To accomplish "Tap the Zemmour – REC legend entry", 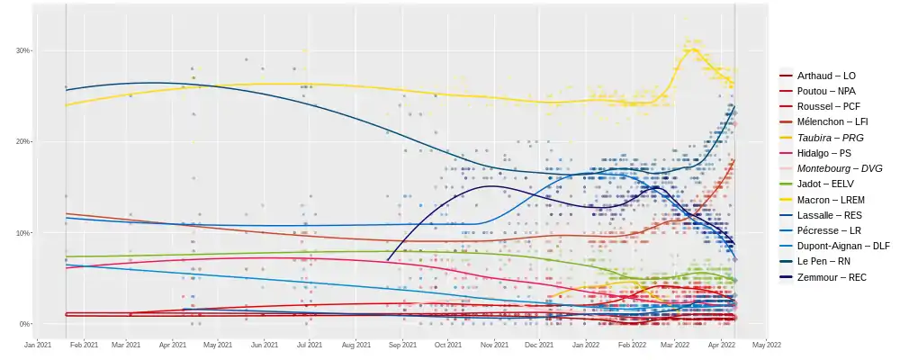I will pyautogui.click(x=832, y=278).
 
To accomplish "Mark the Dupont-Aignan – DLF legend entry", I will pyautogui.click(x=843, y=246).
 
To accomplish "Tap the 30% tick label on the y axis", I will pyautogui.click(x=22, y=50).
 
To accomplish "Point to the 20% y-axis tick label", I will pyautogui.click(x=22, y=141).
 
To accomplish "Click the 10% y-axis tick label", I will pyautogui.click(x=22, y=233).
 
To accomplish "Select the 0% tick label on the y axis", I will pyautogui.click(x=24, y=324).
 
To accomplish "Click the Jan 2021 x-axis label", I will pyautogui.click(x=37, y=344).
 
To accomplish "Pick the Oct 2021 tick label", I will pyautogui.click(x=448, y=344).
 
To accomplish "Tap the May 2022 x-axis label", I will pyautogui.click(x=766, y=344).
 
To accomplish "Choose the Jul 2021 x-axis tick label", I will pyautogui.click(x=310, y=344).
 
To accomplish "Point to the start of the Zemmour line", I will pyautogui.click(x=387, y=261).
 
